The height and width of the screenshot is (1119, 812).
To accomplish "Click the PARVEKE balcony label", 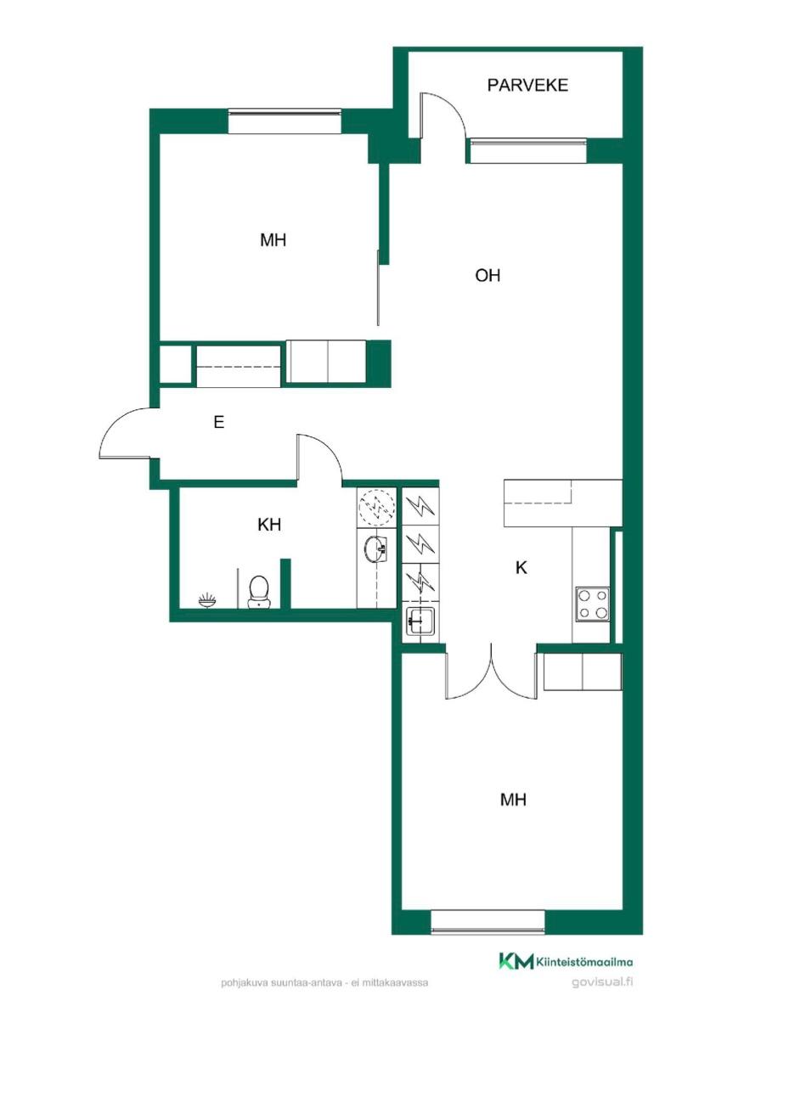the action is [x=527, y=85].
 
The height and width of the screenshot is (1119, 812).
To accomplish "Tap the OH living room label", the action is [x=488, y=275].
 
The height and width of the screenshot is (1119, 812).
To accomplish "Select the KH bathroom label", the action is [x=269, y=525].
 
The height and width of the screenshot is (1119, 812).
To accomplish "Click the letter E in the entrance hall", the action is [x=218, y=422].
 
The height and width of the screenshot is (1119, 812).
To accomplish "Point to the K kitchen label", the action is [x=521, y=567].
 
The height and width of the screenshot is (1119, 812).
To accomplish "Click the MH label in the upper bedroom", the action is [x=273, y=240].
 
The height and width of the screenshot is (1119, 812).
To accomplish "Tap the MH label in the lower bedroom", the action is [x=513, y=800].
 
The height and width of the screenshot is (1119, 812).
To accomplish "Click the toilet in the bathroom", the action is [x=258, y=592].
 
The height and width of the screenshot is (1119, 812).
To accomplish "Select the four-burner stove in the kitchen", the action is [x=593, y=604].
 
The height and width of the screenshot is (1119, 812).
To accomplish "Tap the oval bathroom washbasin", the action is [x=375, y=549].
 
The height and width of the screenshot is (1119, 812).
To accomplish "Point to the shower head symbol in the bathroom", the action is [x=206, y=600].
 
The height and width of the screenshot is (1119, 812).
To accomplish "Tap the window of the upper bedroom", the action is [x=285, y=121].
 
